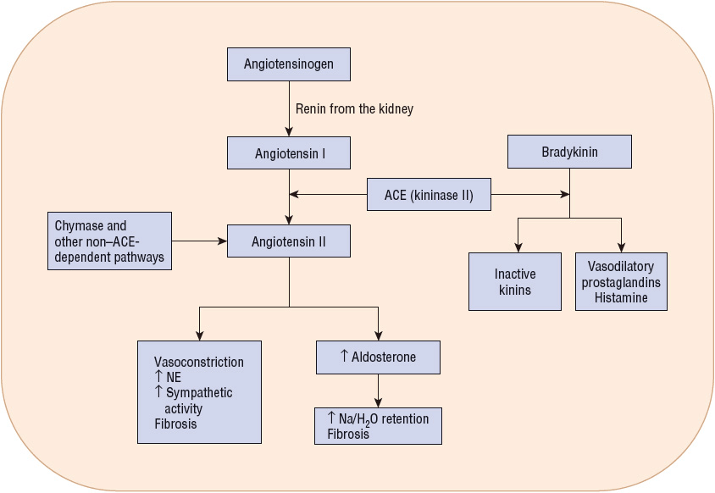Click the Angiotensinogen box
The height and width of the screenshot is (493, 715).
tap(289, 64)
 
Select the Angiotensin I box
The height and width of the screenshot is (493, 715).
tap(289, 153)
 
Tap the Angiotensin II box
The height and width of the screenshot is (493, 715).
tap(289, 241)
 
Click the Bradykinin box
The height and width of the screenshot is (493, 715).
tap(569, 152)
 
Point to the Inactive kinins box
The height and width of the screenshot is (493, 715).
tap(515, 281)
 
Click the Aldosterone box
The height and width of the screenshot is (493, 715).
tap(378, 357)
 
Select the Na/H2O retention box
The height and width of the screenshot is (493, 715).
tap(378, 426)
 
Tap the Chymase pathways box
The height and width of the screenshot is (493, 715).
tap(109, 241)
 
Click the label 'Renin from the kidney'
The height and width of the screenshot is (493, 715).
tap(354, 109)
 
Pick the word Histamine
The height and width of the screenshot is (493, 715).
tap(621, 298)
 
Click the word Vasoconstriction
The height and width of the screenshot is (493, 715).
tap(199, 362)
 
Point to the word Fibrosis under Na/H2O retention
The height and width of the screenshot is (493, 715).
tap(348, 435)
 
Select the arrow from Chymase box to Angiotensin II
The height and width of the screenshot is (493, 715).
tap(200, 241)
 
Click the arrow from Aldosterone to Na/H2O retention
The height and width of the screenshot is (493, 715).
tap(378, 391)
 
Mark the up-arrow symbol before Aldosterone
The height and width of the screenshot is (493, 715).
tap(344, 357)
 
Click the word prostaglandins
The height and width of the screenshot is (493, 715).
tap(621, 282)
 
